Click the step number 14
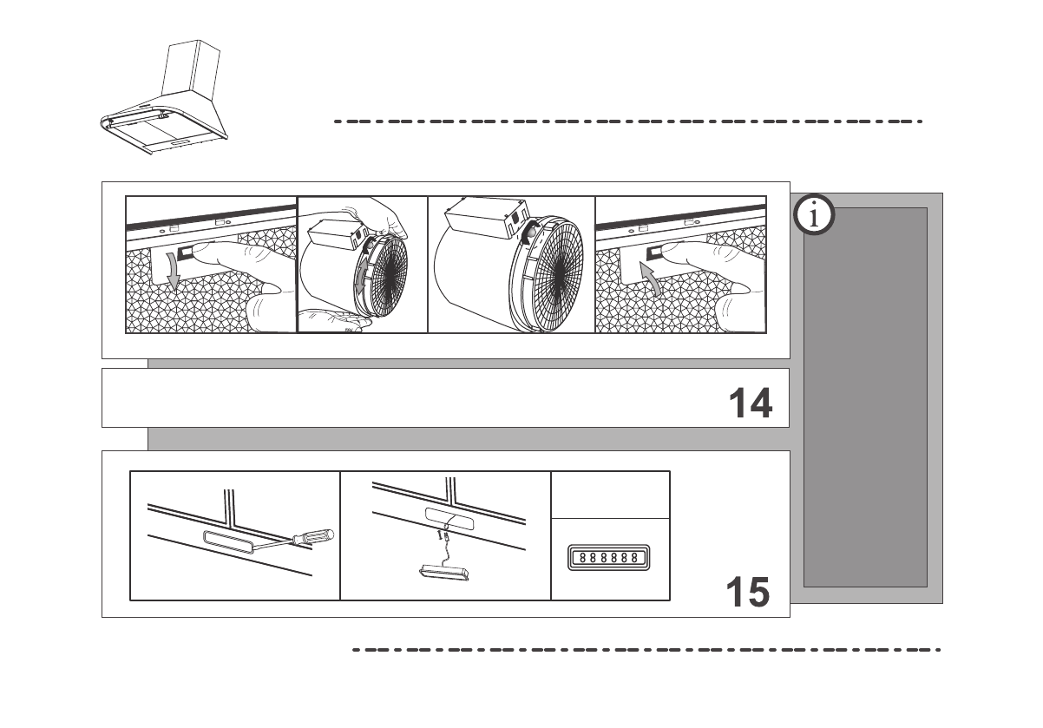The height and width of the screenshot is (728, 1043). click(750, 403)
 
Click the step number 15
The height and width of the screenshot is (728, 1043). click(747, 593)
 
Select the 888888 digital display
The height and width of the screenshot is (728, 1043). click(608, 556)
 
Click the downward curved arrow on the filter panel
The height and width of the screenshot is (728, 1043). click(173, 274)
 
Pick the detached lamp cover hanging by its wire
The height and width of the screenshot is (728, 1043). click(443, 573)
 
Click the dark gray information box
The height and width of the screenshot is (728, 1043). click(865, 397)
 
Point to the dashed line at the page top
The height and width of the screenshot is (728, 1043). click(628, 122)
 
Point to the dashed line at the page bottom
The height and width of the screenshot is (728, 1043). click(646, 649)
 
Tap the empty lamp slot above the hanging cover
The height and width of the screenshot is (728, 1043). click(450, 521)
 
